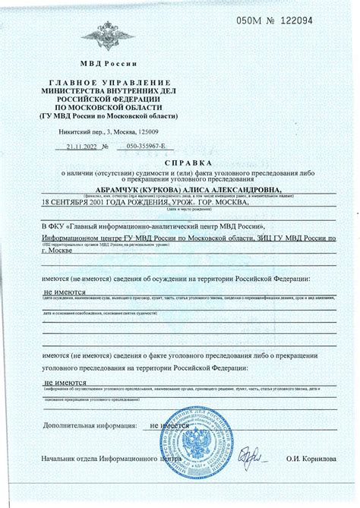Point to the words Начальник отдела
pos(75,459)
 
